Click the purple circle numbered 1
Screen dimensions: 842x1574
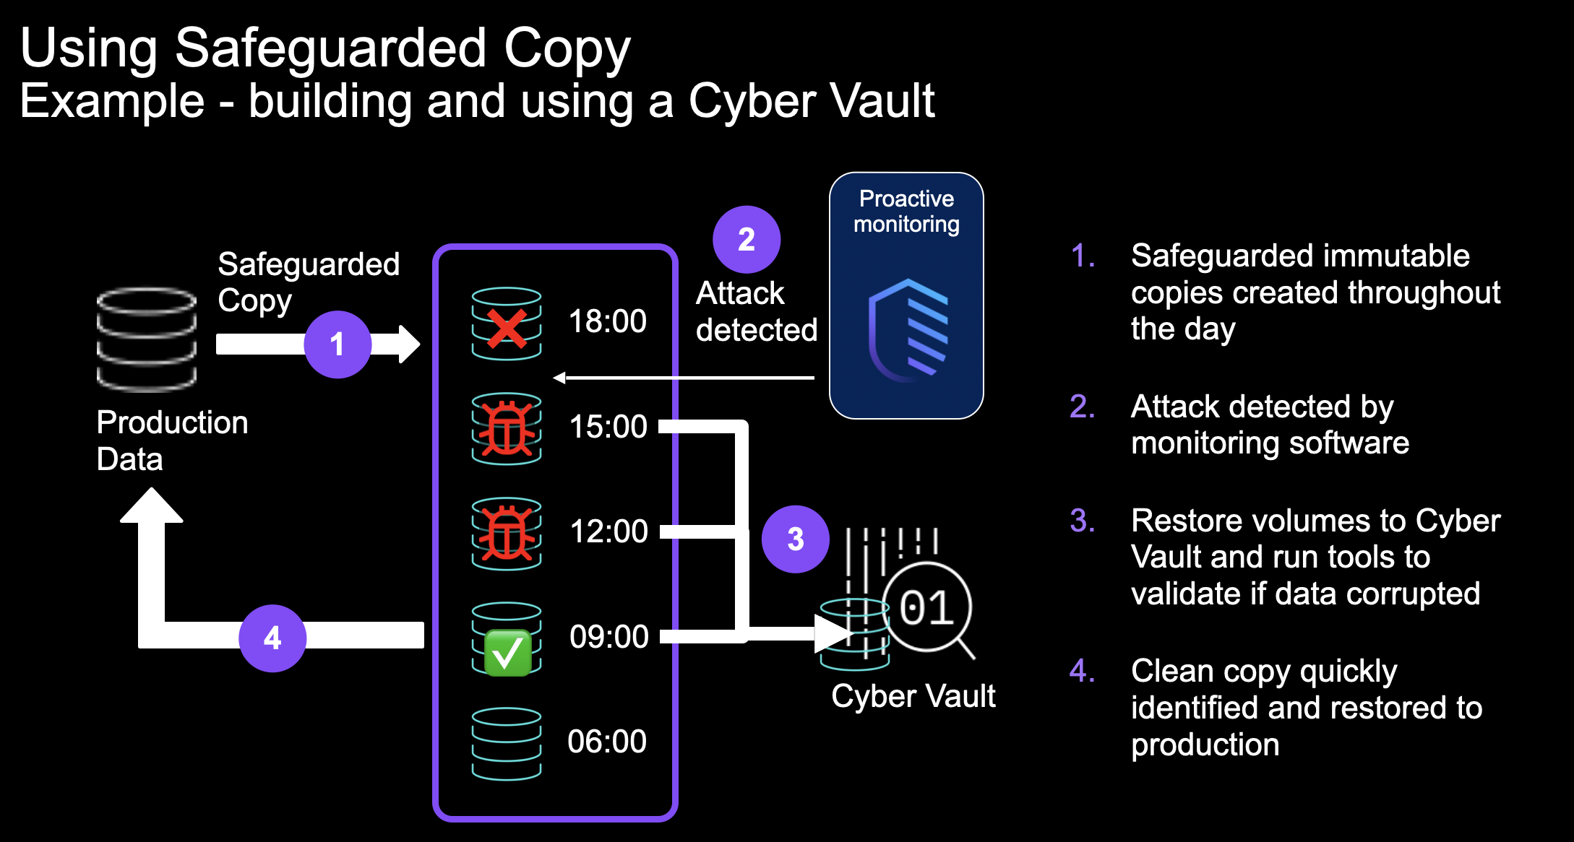click(337, 344)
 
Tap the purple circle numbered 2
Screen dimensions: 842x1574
click(746, 240)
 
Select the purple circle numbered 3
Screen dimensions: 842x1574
click(795, 539)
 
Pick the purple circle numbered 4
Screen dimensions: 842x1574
click(272, 638)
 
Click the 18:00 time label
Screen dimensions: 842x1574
click(607, 321)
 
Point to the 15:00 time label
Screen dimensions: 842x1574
click(608, 427)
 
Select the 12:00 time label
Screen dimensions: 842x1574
click(608, 531)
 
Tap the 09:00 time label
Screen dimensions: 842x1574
click(608, 637)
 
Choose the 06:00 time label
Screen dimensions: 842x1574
click(606, 742)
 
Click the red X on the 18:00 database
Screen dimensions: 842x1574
click(507, 329)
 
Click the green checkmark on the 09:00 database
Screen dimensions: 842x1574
click(507, 652)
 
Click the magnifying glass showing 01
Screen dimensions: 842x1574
click(927, 608)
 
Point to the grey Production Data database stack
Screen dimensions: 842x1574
click(147, 339)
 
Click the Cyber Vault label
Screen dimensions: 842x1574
click(913, 696)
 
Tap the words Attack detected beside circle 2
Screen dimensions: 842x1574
click(755, 312)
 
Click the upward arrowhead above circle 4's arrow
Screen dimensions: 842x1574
click(151, 505)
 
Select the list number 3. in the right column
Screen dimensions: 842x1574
click(1082, 521)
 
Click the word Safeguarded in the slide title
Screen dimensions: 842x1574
click(330, 48)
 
